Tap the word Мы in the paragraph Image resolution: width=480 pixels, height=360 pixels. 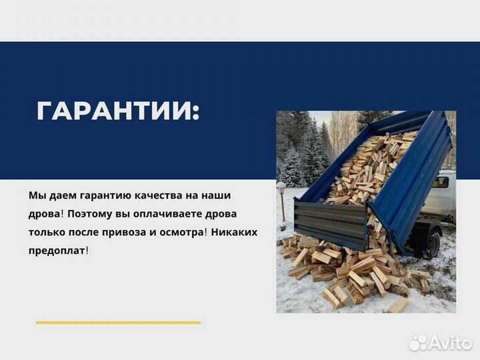click(37, 196)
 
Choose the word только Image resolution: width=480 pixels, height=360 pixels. click(46, 232)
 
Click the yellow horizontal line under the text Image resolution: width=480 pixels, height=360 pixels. click(118, 323)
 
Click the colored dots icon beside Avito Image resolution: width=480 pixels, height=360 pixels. click(418, 343)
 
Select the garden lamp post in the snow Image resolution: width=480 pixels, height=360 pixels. click(282, 201)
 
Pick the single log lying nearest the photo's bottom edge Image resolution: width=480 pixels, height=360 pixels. click(397, 305)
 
